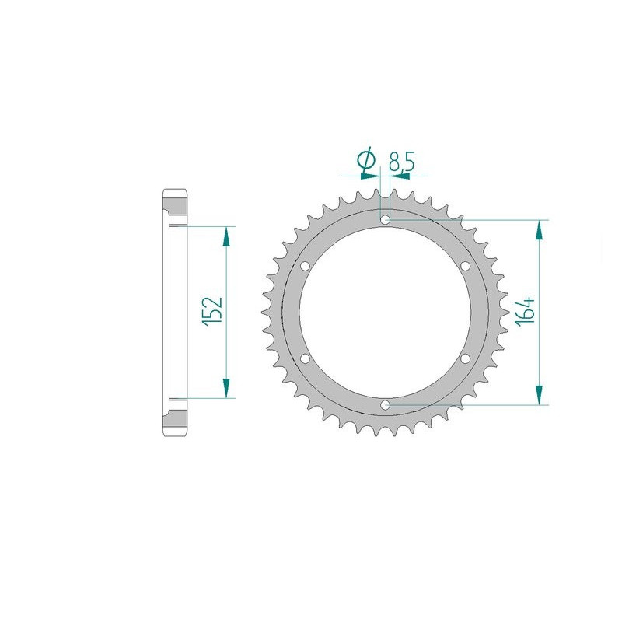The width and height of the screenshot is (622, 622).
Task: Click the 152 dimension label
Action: point(211,312)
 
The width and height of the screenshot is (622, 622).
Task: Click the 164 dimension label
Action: point(525,312)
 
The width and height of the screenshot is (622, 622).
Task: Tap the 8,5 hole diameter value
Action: point(401,162)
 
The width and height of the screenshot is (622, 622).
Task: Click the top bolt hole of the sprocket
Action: point(385,219)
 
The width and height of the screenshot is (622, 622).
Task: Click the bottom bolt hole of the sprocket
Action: point(385,405)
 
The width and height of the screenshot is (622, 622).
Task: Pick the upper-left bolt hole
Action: point(305,266)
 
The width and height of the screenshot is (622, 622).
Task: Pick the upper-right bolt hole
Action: point(465,266)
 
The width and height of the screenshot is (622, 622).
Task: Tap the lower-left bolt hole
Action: point(305,358)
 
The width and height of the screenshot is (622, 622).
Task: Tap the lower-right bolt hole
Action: point(465,358)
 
